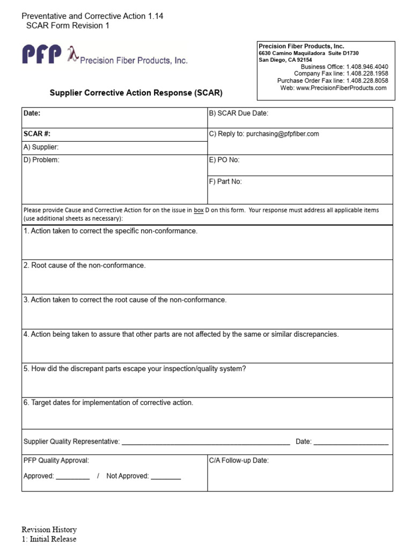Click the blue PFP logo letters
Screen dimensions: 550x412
pyautogui.click(x=41, y=55)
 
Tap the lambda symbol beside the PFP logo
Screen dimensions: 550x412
pyautogui.click(x=72, y=54)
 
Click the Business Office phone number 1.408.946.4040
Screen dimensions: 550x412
pyautogui.click(x=367, y=67)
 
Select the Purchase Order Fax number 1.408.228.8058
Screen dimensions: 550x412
pyautogui.click(x=367, y=81)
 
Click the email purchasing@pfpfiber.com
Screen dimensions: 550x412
pyautogui.click(x=283, y=134)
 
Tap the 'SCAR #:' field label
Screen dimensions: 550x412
pyautogui.click(x=37, y=134)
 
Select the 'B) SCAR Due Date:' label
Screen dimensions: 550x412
pyautogui.click(x=238, y=113)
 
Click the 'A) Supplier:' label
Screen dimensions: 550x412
pyautogui.click(x=41, y=147)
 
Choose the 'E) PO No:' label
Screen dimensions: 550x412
pyautogui.click(x=224, y=160)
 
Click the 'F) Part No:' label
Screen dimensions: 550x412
pyautogui.click(x=225, y=182)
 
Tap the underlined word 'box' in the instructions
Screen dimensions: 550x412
pyautogui.click(x=198, y=210)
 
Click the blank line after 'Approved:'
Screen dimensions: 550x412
pyautogui.click(x=72, y=476)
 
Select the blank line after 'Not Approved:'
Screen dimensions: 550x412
pyautogui.click(x=166, y=476)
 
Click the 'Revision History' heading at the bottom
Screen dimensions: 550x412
pyautogui.click(x=49, y=530)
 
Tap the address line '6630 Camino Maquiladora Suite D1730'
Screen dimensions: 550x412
pyautogui.click(x=308, y=54)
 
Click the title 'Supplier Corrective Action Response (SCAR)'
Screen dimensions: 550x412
pyautogui.click(x=136, y=93)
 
